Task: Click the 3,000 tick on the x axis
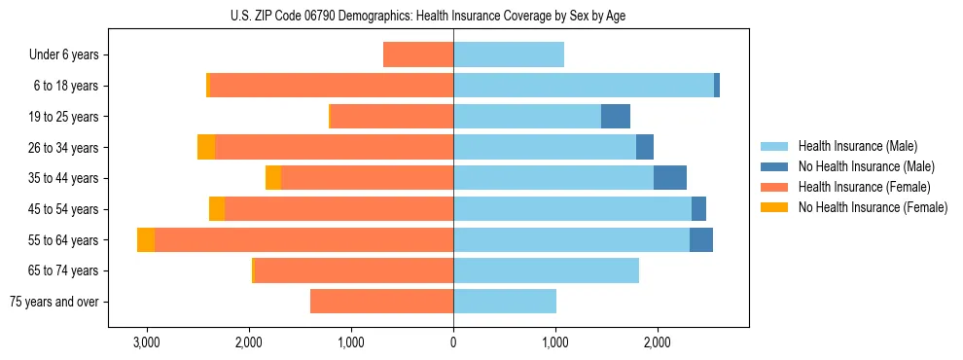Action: [x=146, y=342]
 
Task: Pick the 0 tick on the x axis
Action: [x=453, y=342]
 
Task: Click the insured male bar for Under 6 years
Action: [x=509, y=55]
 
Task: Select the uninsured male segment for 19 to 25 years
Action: [x=616, y=117]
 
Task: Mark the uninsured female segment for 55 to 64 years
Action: [x=146, y=240]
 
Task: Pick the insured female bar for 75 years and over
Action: [x=381, y=302]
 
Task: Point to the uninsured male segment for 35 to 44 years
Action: [x=670, y=178]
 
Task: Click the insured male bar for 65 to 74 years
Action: [x=546, y=270]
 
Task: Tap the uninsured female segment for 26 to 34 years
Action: [x=206, y=147]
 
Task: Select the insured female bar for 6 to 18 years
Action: [x=332, y=86]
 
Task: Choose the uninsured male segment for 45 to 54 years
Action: [x=698, y=209]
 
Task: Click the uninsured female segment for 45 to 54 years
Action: [x=217, y=209]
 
